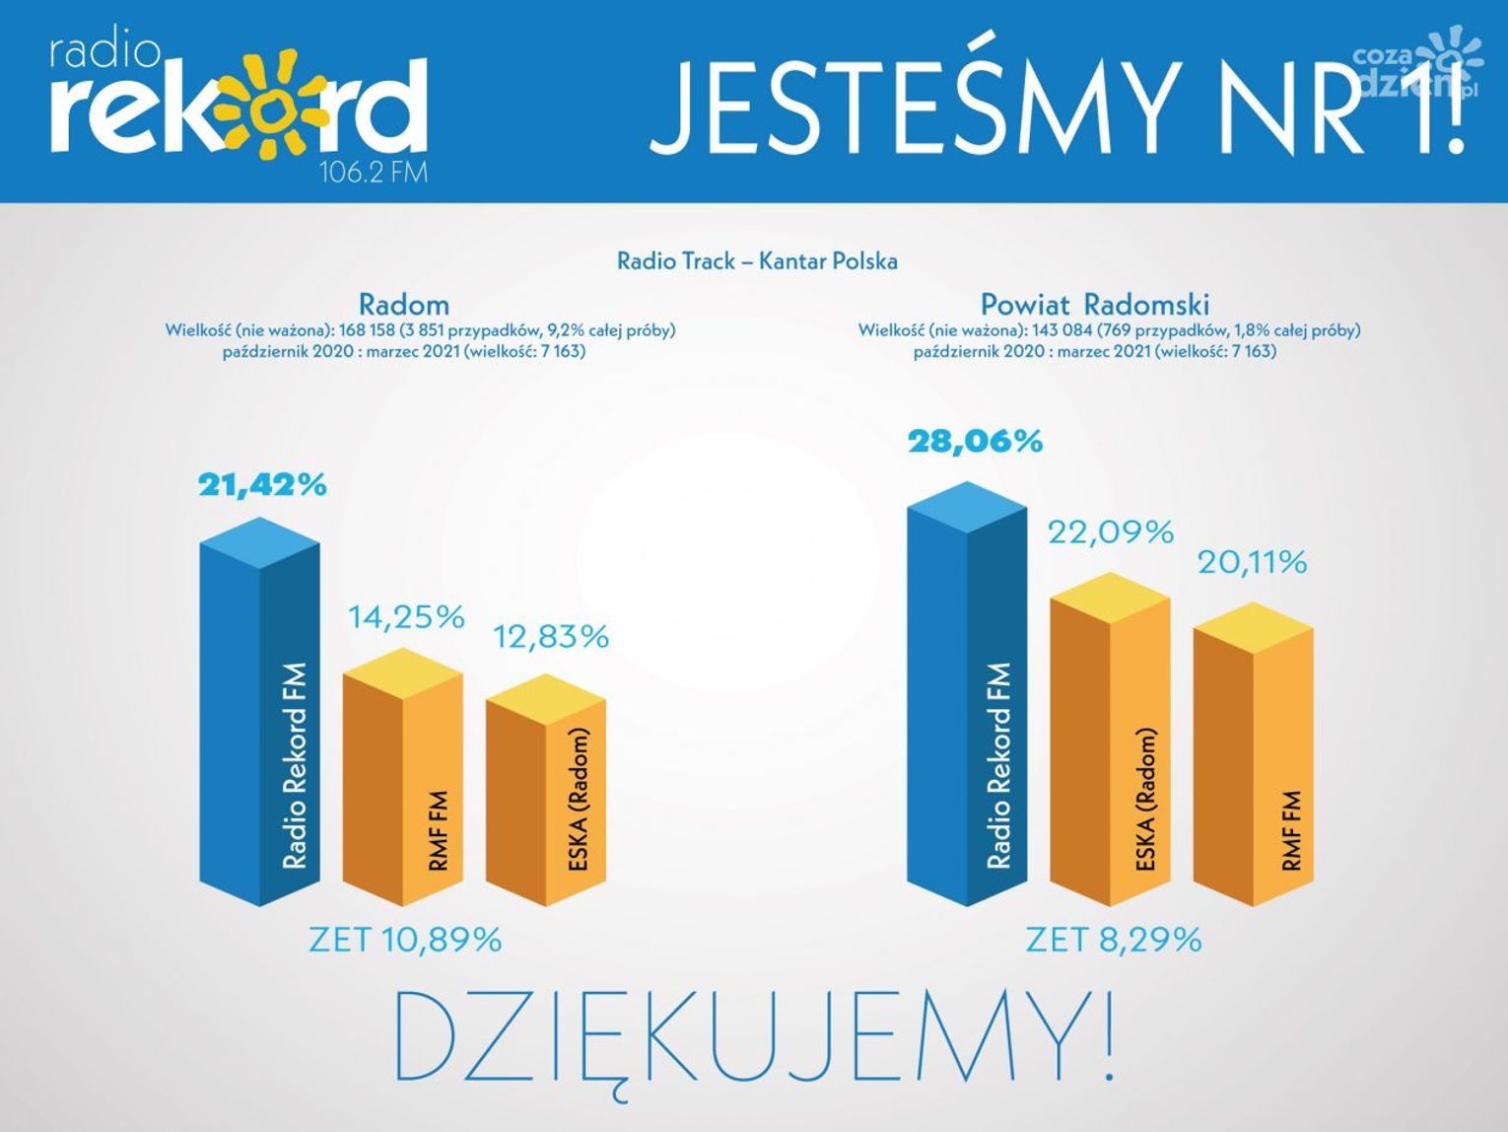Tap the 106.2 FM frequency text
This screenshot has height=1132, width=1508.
(x=374, y=173)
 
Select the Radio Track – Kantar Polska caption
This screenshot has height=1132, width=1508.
(x=757, y=261)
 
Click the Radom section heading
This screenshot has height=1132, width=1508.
(x=403, y=304)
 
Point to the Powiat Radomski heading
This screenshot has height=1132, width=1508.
(x=1094, y=304)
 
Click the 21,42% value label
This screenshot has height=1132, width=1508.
(x=262, y=485)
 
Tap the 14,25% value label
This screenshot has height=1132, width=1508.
(x=406, y=617)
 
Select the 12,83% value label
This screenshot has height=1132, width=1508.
(x=551, y=637)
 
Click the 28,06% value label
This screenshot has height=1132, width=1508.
(x=975, y=441)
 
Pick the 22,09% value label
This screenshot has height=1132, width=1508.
(x=1111, y=532)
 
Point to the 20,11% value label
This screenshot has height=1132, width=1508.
(x=1252, y=563)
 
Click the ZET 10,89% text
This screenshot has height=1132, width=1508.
(x=405, y=940)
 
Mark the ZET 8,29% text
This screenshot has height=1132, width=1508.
(x=1114, y=940)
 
